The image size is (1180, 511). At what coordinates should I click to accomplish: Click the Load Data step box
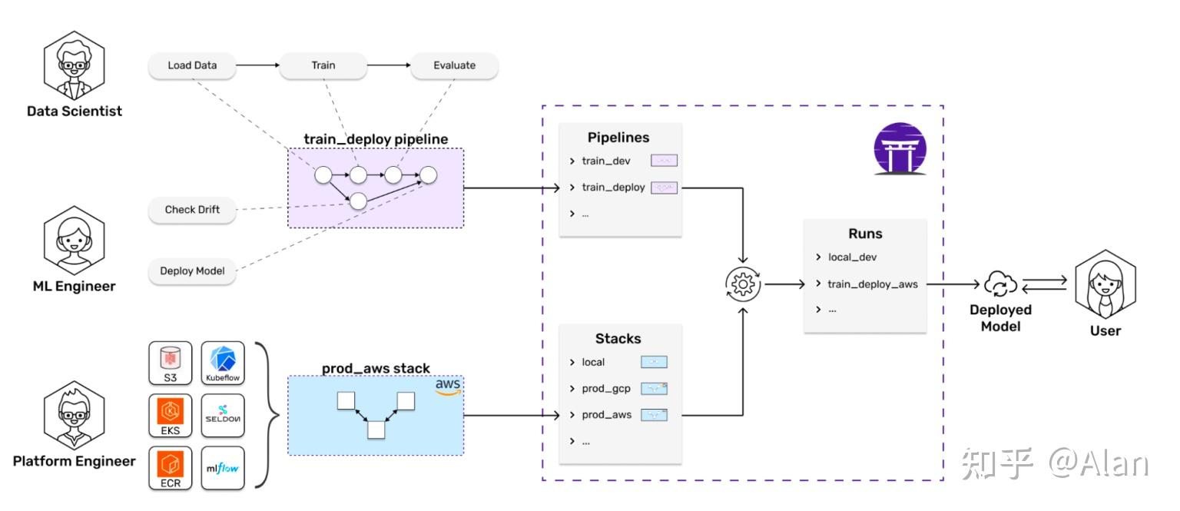(x=192, y=65)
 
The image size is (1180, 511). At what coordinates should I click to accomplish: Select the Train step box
(x=323, y=65)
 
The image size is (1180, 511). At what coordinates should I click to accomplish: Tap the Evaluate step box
(x=454, y=65)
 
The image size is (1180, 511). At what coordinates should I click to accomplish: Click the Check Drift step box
(x=192, y=210)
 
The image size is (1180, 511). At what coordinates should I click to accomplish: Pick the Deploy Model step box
(x=192, y=270)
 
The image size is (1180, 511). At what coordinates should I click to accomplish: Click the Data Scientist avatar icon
(x=75, y=67)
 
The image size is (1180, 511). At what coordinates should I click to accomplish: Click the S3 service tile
(x=170, y=363)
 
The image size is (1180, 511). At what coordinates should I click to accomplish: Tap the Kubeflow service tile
(x=223, y=363)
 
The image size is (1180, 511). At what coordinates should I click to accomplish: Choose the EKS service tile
(x=170, y=416)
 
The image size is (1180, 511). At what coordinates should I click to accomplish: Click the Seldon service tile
(x=223, y=416)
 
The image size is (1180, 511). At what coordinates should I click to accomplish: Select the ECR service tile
(x=170, y=468)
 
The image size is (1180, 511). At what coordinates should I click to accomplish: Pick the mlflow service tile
(x=223, y=468)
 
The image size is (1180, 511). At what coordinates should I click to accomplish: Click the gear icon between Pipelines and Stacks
(x=743, y=284)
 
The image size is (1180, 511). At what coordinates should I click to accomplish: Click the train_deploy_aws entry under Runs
(x=872, y=284)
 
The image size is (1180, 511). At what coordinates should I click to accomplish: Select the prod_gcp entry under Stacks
(x=606, y=388)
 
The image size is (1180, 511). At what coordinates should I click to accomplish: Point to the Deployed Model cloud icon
(x=1000, y=284)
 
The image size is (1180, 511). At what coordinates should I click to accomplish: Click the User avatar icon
(x=1105, y=284)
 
